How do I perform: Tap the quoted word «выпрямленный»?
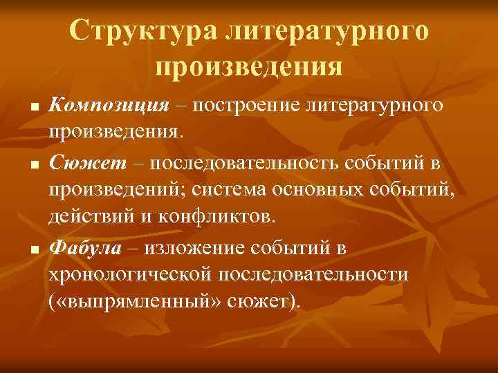pos(138,301)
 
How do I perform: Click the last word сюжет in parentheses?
pos(259,301)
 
